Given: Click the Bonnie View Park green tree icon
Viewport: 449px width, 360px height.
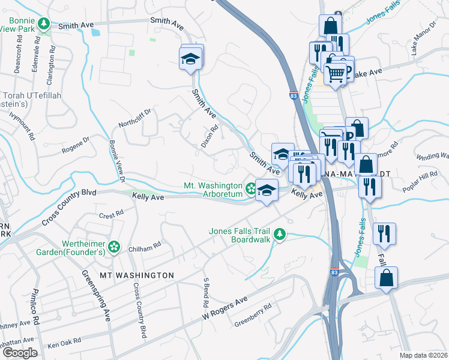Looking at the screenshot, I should pyautogui.click(x=43, y=24).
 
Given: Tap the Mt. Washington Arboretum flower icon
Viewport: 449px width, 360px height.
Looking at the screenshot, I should pyautogui.click(x=251, y=190).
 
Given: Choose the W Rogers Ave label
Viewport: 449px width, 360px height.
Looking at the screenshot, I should pyautogui.click(x=224, y=308).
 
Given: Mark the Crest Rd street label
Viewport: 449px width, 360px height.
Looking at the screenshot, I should pyautogui.click(x=112, y=214).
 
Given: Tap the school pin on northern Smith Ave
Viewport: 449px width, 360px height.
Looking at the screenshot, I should pyautogui.click(x=191, y=59).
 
